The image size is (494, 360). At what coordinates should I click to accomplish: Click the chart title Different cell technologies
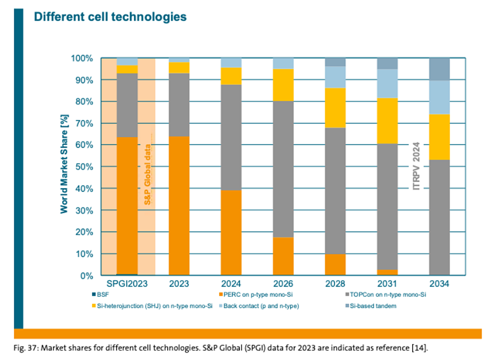pyautogui.click(x=110, y=17)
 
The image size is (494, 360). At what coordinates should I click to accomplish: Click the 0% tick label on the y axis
pyautogui.click(x=86, y=276)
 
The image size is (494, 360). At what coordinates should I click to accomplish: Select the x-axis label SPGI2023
pyautogui.click(x=127, y=284)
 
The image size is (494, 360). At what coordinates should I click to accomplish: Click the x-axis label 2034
pyautogui.click(x=439, y=284)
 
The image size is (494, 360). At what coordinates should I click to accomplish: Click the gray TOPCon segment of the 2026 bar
pyautogui.click(x=283, y=169)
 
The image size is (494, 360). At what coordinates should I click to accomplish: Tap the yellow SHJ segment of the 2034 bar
pyautogui.click(x=439, y=137)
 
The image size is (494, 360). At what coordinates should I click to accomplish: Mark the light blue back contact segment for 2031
pyautogui.click(x=387, y=83)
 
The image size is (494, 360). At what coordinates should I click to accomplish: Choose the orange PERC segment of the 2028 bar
pyautogui.click(x=335, y=265)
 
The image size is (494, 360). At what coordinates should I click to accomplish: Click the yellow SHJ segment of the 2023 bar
pyautogui.click(x=179, y=67)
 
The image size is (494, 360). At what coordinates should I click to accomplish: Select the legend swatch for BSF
pyautogui.click(x=93, y=295)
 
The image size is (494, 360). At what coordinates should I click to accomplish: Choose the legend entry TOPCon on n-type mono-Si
pyautogui.click(x=394, y=295)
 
